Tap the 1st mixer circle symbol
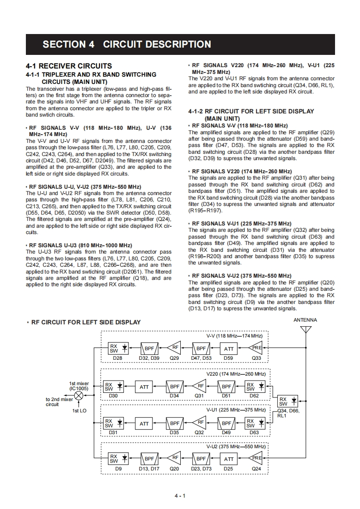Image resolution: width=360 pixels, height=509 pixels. (x=79, y=396)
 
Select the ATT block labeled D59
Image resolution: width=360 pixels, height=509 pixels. (x=229, y=348)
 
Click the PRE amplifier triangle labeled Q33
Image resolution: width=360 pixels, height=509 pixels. (x=257, y=348)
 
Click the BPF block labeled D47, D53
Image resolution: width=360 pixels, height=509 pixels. (x=201, y=348)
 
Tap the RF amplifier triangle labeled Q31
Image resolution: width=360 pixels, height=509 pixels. (x=200, y=387)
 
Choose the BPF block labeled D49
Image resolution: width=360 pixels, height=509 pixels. (x=226, y=424)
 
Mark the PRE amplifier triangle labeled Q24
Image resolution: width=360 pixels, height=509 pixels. (x=257, y=459)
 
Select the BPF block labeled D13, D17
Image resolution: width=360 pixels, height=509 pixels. (x=149, y=459)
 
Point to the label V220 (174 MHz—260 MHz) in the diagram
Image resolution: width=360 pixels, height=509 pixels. (x=236, y=374)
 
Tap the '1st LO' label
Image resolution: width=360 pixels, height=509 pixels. (x=79, y=411)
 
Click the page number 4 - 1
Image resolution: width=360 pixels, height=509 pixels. (x=180, y=495)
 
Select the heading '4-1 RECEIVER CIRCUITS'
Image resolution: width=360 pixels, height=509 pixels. (x=69, y=66)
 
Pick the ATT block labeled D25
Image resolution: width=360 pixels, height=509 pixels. (x=229, y=459)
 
